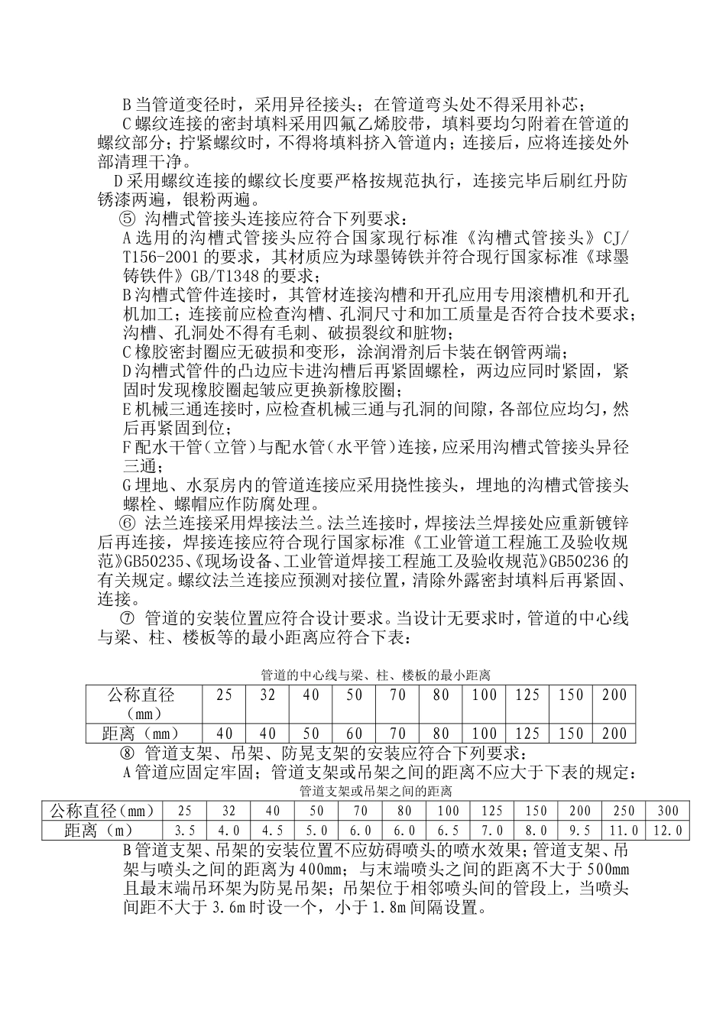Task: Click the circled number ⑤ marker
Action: coord(128,219)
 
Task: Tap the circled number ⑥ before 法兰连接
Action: coord(128,524)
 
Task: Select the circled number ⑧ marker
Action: coord(128,753)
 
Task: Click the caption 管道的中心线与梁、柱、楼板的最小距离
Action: coord(375,675)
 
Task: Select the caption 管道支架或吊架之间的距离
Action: coord(376,790)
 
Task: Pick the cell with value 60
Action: coord(354,734)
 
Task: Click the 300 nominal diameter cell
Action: coord(667,811)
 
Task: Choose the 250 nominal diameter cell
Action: coord(624,811)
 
